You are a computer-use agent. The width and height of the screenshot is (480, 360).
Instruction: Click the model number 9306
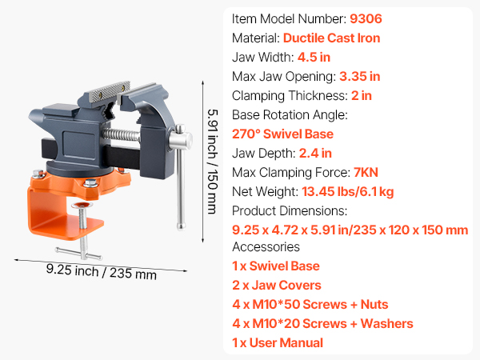pyautogui.click(x=366, y=18)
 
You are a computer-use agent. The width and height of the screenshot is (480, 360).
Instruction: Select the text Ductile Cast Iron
pyautogui.click(x=331, y=38)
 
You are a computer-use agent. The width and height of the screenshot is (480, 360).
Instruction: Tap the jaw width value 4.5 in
pyautogui.click(x=314, y=58)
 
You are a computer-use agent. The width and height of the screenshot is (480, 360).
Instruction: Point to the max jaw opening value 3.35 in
pyautogui.click(x=360, y=77)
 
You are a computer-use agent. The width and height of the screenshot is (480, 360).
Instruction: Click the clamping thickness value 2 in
pyautogui.click(x=362, y=96)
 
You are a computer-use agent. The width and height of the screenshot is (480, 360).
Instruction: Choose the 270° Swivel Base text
pyautogui.click(x=282, y=134)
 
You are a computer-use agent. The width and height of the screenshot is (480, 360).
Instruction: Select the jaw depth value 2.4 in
pyautogui.click(x=315, y=153)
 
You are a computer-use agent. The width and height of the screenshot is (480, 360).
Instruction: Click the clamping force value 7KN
pyautogui.click(x=366, y=172)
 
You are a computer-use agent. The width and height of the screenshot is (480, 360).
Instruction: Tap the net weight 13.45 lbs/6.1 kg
pyautogui.click(x=348, y=192)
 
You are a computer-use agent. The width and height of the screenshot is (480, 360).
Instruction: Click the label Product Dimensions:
pyautogui.click(x=290, y=211)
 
